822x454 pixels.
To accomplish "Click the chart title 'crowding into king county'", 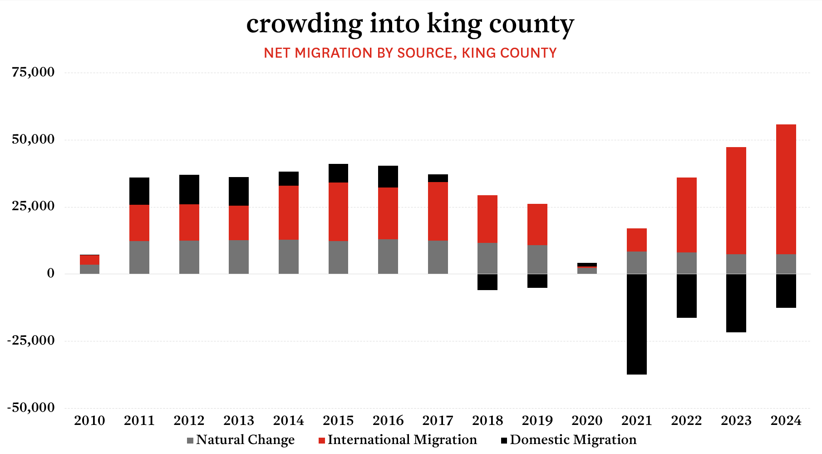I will (410, 24).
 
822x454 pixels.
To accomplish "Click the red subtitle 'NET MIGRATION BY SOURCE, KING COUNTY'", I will (410, 53).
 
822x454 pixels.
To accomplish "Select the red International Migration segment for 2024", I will (786, 189).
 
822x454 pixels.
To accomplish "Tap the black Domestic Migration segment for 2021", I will (636, 324).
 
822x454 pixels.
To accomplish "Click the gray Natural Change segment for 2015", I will (338, 257).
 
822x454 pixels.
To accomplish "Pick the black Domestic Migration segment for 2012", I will (189, 189).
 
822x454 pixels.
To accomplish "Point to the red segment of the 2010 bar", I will (89, 260).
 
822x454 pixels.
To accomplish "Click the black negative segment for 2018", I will (487, 282).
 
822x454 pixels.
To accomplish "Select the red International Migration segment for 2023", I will (736, 200).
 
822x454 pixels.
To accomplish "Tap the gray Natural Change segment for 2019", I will (537, 259).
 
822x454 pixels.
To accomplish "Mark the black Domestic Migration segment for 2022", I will (686, 296).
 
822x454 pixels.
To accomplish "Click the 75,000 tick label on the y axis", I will (33, 72).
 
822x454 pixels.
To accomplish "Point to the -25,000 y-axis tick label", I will (30, 340).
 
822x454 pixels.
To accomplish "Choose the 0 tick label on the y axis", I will (50, 273).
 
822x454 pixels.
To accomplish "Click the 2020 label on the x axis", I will (587, 420).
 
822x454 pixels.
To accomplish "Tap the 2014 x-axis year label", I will (288, 420).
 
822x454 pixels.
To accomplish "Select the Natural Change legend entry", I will (241, 440).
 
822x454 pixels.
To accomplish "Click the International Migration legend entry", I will (398, 440).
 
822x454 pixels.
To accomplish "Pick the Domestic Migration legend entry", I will (569, 440).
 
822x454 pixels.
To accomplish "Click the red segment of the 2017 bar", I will (438, 211).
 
